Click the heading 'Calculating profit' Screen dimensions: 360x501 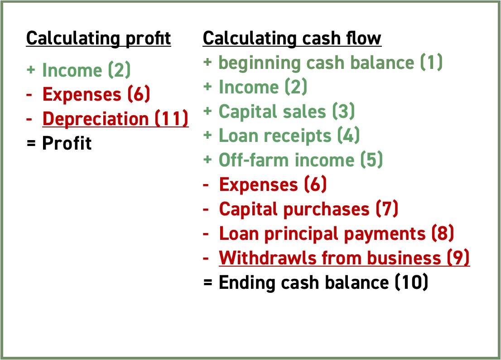98,39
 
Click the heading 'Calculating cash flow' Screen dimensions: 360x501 292,39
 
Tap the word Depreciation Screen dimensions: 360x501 96,119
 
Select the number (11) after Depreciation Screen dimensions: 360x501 172,119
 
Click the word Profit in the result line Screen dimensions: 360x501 67,143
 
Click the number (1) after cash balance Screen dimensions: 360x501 431,63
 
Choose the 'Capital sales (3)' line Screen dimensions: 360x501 286,112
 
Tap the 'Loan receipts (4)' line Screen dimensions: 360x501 289,136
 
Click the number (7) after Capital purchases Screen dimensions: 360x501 387,209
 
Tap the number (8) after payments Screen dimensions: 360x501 443,234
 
